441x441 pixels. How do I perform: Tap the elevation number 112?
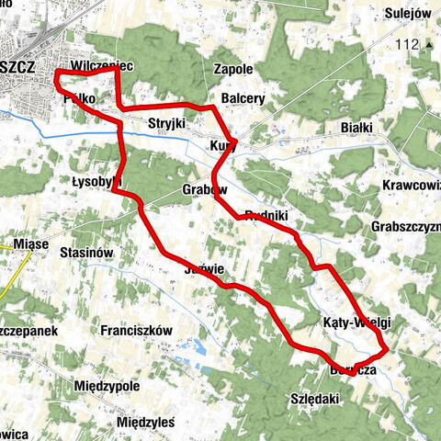404,44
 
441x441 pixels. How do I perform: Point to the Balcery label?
243,98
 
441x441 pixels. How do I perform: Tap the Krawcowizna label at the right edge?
410,185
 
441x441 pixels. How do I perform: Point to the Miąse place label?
31,244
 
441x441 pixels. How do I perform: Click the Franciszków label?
137,329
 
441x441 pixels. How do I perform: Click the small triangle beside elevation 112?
430,43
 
